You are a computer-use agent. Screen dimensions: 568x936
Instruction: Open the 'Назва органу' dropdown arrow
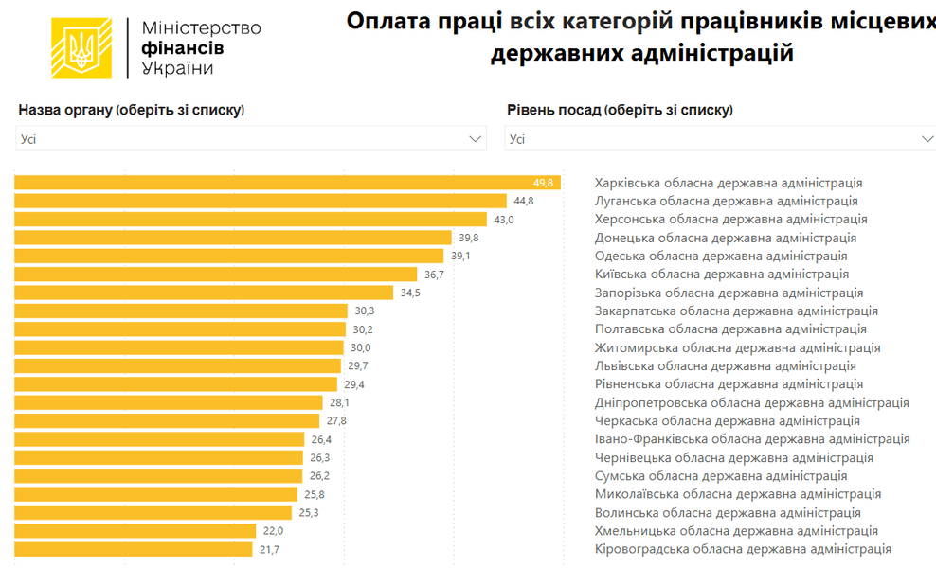tap(476, 139)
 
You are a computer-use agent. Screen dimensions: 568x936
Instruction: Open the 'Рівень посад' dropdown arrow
tap(927, 139)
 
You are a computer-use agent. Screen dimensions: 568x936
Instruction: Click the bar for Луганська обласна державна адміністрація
tap(261, 201)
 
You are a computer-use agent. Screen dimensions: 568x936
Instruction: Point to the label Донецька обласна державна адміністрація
tap(726, 238)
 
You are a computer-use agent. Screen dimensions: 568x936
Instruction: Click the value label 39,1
tap(460, 257)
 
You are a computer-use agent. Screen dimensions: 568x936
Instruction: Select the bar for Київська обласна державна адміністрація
tap(216, 275)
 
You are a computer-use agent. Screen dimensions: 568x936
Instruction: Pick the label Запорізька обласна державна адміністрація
tap(729, 293)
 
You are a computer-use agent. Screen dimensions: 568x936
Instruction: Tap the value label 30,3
tap(364, 311)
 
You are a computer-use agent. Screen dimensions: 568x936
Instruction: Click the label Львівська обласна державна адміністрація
tap(725, 366)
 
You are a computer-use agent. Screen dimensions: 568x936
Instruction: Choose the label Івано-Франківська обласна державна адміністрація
tap(752, 439)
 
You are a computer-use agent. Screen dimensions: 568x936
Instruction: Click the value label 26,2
tap(319, 476)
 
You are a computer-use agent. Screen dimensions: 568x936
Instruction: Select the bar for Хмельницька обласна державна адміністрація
tap(135, 531)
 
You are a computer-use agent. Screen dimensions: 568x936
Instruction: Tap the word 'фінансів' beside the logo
tap(183, 47)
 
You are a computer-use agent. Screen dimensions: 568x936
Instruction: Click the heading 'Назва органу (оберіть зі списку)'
tap(132, 110)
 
